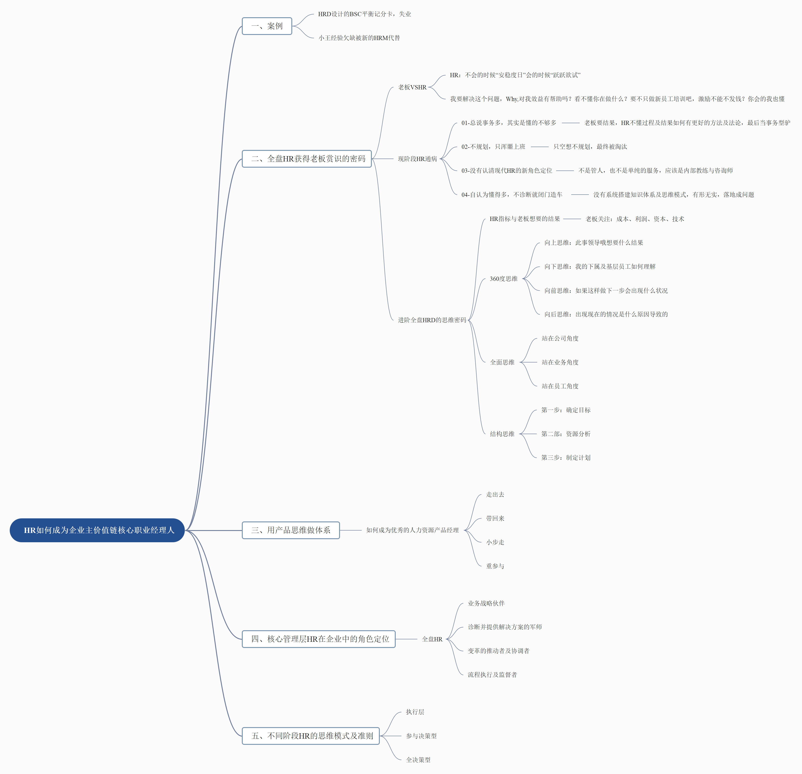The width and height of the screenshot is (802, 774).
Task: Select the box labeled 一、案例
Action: point(267,26)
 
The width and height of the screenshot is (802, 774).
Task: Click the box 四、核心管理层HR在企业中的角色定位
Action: point(319,639)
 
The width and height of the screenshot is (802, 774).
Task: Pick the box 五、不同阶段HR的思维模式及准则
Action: point(311,736)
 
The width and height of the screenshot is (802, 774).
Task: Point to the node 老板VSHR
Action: point(412,87)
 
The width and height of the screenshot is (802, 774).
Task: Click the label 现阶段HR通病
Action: point(417,159)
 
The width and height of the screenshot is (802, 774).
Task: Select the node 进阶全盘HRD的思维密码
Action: point(432,320)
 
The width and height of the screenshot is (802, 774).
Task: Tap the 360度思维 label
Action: point(504,279)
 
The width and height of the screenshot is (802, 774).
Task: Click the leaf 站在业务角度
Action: point(560,362)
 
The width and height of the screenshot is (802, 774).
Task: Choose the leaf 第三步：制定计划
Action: point(566,458)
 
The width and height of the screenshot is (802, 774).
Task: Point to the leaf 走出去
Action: point(495,494)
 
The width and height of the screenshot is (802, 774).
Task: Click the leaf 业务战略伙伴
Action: point(486,603)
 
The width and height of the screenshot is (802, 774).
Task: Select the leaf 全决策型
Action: point(418,760)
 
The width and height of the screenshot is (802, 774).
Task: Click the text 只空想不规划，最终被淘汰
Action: point(590,147)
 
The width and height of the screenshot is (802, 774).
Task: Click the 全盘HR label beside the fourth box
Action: point(432,639)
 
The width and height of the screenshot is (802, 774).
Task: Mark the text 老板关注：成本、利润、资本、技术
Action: point(635,219)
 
